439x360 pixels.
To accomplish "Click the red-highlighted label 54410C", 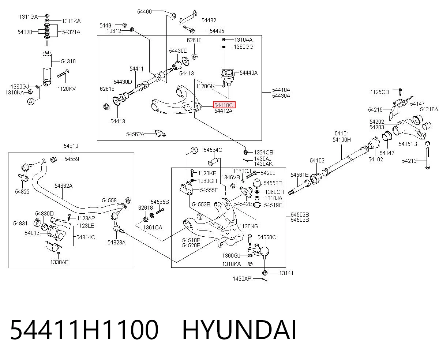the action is pyautogui.click(x=224, y=105).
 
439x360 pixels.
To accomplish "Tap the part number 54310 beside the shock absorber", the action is pyautogui.click(x=68, y=61).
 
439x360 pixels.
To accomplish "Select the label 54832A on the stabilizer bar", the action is pyautogui.click(x=64, y=186).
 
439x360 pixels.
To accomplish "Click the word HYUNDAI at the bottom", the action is pyautogui.click(x=239, y=330).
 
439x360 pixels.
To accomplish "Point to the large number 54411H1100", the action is pyautogui.click(x=84, y=330).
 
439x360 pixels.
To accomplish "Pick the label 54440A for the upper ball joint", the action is pyautogui.click(x=248, y=73).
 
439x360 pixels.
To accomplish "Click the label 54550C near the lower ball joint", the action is pyautogui.click(x=267, y=237).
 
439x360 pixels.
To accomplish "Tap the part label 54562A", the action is pyautogui.click(x=135, y=134).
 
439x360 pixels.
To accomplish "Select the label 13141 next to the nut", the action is pyautogui.click(x=286, y=273).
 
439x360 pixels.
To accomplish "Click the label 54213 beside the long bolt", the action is pyautogui.click(x=409, y=161).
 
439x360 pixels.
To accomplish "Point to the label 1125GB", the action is pyautogui.click(x=380, y=92).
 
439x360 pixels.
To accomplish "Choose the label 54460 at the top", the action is pyautogui.click(x=145, y=12).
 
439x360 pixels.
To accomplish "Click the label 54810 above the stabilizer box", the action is pyautogui.click(x=71, y=146).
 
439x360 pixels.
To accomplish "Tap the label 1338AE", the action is pyautogui.click(x=59, y=262).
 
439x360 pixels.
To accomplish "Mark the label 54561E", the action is pyautogui.click(x=299, y=175).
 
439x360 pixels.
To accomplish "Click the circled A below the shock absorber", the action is pyautogui.click(x=31, y=102).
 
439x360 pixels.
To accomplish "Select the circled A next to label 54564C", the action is pyautogui.click(x=194, y=150).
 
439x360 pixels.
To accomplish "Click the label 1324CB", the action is pyautogui.click(x=263, y=153).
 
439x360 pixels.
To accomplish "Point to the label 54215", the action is pyautogui.click(x=375, y=109).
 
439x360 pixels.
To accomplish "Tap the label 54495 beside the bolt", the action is pyautogui.click(x=217, y=31).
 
